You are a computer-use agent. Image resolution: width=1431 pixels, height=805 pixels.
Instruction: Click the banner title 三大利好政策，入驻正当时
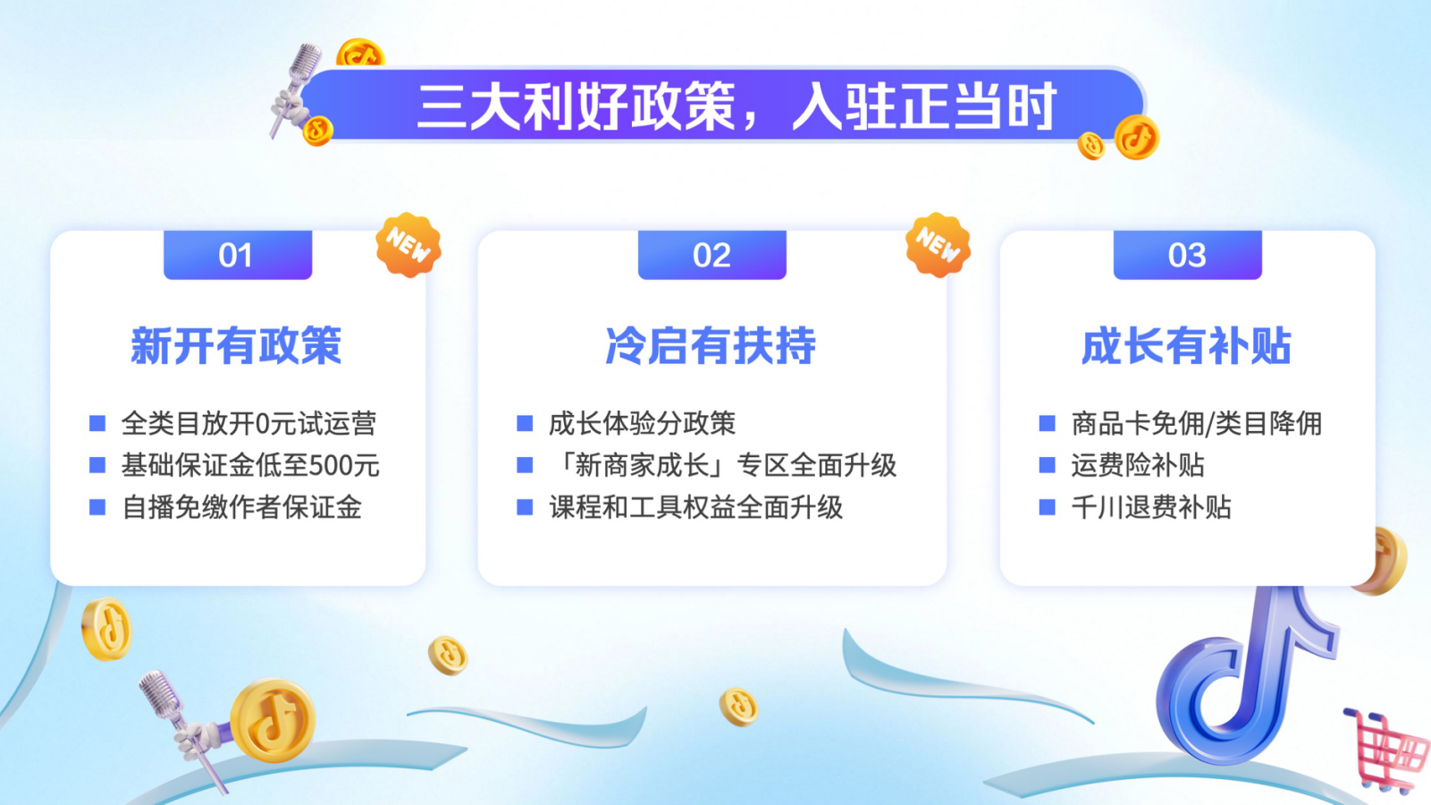(x=736, y=106)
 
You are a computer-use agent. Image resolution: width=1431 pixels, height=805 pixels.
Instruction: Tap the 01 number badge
(x=238, y=255)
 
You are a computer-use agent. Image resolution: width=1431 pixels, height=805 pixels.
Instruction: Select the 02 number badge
(x=711, y=255)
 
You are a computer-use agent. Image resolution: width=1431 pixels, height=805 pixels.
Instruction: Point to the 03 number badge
(x=1187, y=255)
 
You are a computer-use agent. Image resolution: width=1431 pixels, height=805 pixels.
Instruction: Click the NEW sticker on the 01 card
(x=408, y=245)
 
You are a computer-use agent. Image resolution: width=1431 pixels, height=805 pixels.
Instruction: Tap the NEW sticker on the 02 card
(x=938, y=245)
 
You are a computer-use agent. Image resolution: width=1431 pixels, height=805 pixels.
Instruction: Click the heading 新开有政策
(x=236, y=346)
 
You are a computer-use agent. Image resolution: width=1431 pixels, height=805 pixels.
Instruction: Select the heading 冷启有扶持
(x=711, y=346)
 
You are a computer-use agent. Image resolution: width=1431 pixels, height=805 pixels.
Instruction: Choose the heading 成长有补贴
(x=1186, y=346)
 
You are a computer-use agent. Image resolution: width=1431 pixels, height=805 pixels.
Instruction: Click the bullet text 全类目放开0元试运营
(x=249, y=423)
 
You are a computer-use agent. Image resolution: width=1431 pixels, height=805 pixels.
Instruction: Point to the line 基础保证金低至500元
(x=250, y=465)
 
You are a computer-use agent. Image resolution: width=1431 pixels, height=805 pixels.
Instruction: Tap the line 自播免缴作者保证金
(x=242, y=508)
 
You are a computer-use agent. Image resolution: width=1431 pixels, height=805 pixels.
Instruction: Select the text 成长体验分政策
(x=642, y=423)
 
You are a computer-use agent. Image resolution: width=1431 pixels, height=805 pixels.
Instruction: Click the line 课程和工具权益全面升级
(x=695, y=508)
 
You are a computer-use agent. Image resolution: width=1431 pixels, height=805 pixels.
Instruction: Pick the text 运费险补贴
(x=1137, y=465)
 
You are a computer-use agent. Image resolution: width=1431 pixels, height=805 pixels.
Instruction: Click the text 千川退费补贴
(x=1150, y=508)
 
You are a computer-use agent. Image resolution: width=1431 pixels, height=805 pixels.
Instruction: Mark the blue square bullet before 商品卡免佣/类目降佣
(x=1047, y=423)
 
